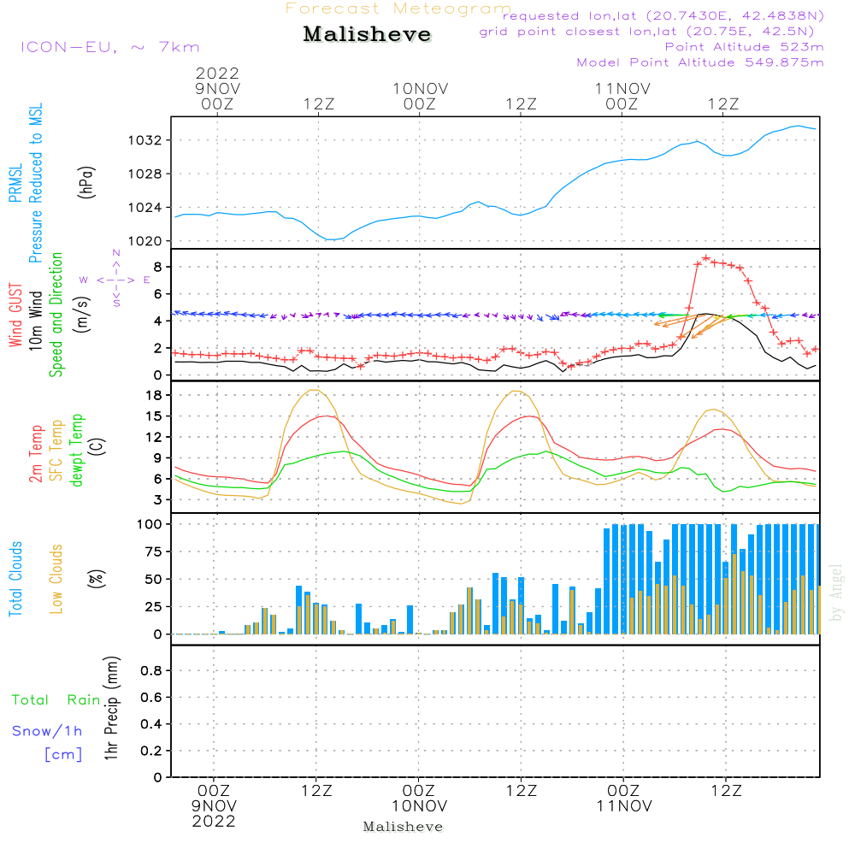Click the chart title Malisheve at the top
(x=367, y=35)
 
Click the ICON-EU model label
(x=109, y=47)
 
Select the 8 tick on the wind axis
(x=156, y=267)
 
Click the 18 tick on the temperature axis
(x=153, y=395)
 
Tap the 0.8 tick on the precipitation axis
(x=151, y=671)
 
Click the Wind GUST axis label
(x=15, y=316)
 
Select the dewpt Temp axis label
(x=77, y=450)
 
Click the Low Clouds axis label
(x=56, y=578)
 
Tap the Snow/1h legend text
(x=47, y=732)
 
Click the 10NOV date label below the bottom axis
(x=419, y=806)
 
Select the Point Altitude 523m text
(x=744, y=46)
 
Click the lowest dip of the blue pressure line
(x=331, y=239)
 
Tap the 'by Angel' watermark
(x=837, y=592)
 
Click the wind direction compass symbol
(x=116, y=279)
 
